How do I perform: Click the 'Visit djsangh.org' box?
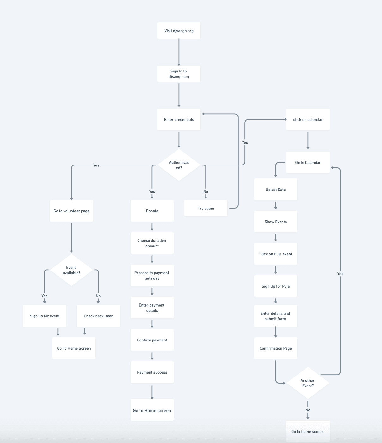point(179,31)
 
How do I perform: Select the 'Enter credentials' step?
point(179,120)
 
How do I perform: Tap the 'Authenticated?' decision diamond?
point(179,165)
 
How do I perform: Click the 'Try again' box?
point(206,208)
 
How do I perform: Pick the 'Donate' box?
point(152,211)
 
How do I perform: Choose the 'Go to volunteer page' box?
point(71,211)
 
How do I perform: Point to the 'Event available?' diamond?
point(71,270)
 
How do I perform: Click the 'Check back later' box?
point(98,316)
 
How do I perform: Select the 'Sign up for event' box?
point(45,316)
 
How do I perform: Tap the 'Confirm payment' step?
point(152,340)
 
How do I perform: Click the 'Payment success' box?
point(152,372)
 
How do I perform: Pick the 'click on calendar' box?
point(308,120)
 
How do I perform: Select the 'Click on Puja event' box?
point(276,254)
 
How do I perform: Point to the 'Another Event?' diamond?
point(308,383)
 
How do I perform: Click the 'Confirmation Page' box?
point(276,348)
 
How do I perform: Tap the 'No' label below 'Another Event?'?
point(308,410)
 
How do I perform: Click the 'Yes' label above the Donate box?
point(152,192)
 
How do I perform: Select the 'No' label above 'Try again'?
point(206,192)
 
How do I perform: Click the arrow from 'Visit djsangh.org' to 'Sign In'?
point(179,52)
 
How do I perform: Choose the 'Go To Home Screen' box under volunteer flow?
point(74,348)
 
